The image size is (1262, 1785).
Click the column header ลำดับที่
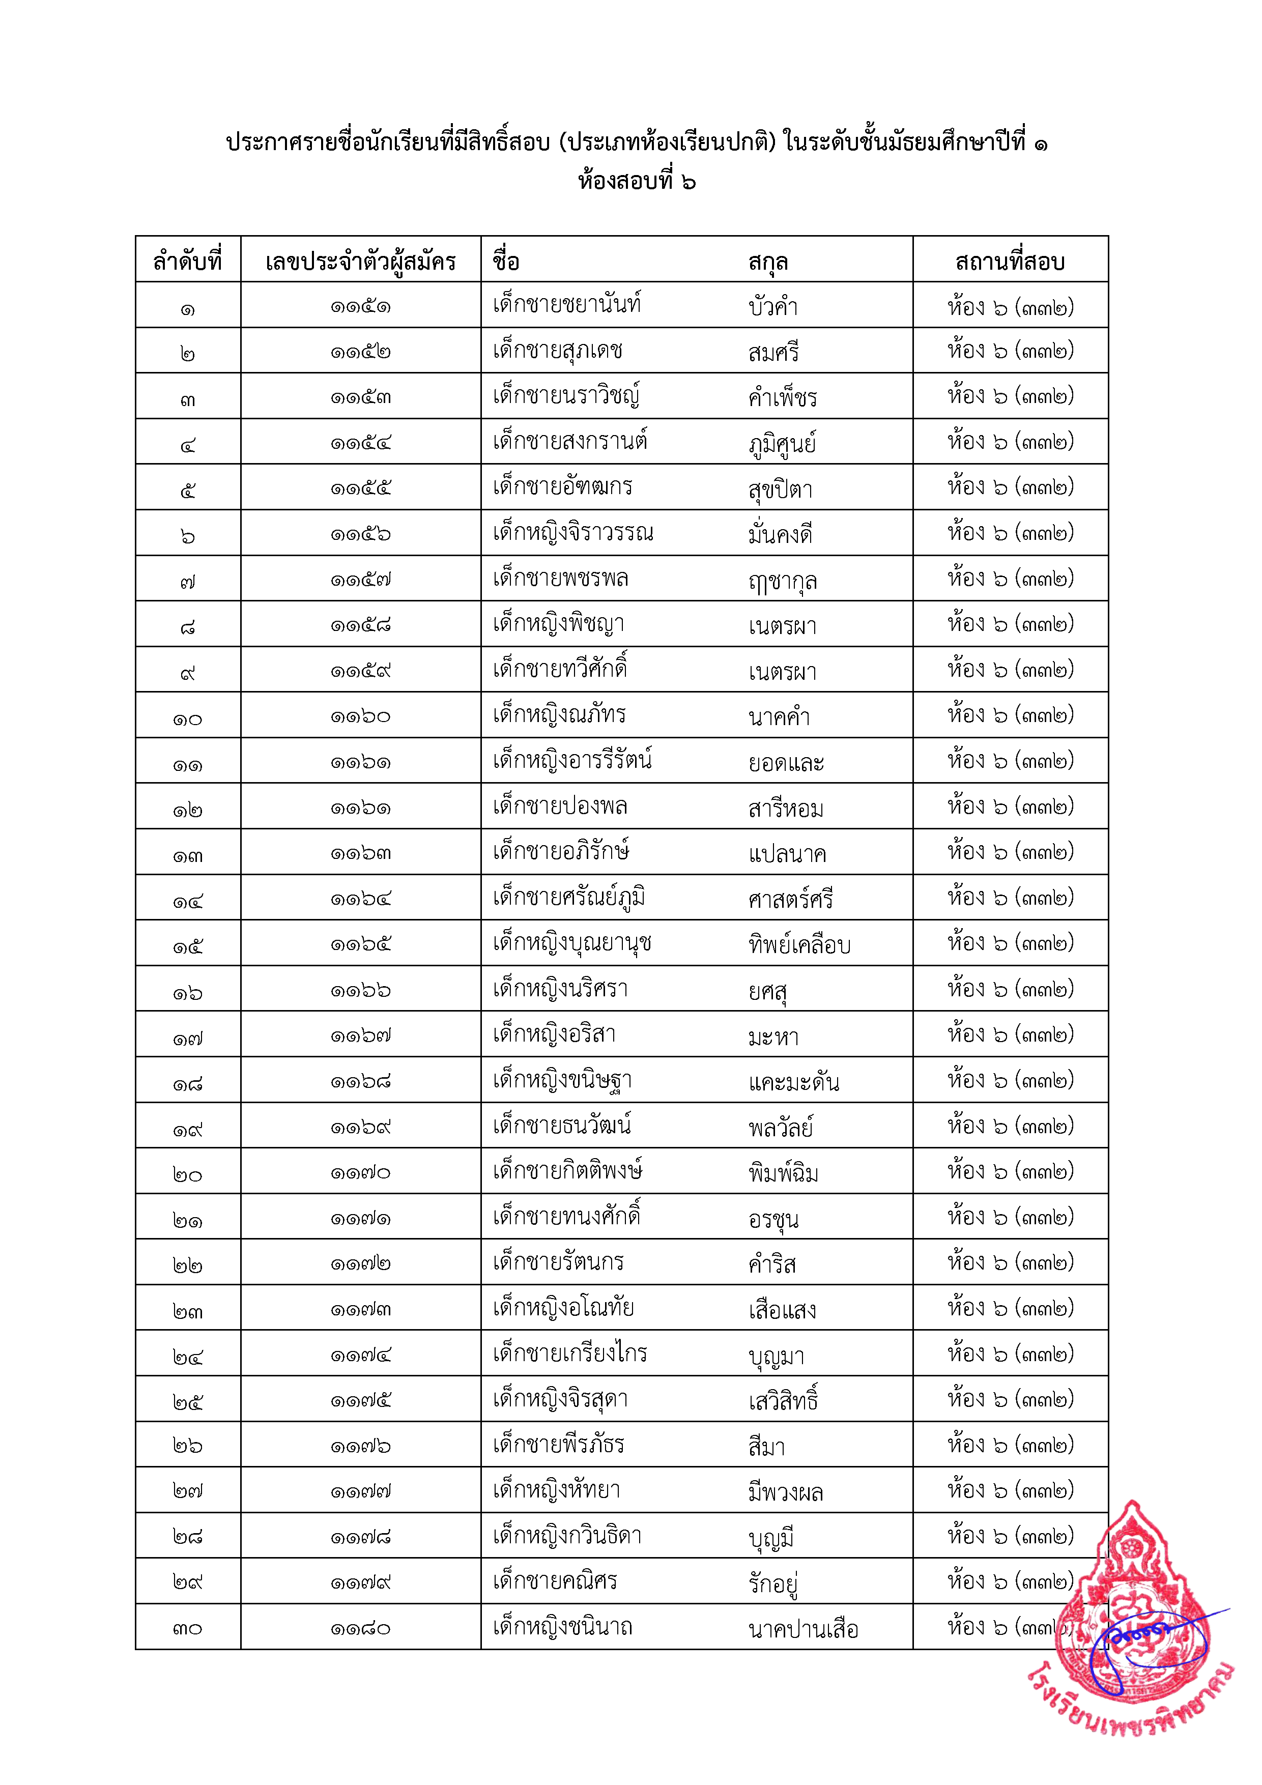pos(187,261)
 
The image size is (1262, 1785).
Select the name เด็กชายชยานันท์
pos(567,304)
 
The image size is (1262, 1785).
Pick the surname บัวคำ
pos(773,306)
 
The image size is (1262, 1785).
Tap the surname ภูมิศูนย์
pos(782,444)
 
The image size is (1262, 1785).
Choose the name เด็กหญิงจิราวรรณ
pos(573,533)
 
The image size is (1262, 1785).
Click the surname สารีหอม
pos(785,809)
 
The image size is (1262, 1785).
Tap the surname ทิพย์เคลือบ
pos(799,944)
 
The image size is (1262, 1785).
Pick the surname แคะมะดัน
pos(794,1081)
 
